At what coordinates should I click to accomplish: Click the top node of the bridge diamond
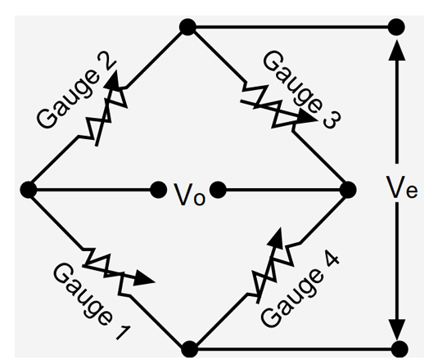[x=187, y=27]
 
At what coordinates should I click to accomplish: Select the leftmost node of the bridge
[x=29, y=189]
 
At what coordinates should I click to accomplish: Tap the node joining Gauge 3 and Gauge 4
[x=347, y=189]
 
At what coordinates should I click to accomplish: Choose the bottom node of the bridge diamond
[x=189, y=349]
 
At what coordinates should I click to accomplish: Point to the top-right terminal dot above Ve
[x=396, y=27]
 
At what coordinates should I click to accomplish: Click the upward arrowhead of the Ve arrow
[x=396, y=49]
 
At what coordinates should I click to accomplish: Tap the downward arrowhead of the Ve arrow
[x=396, y=327]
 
